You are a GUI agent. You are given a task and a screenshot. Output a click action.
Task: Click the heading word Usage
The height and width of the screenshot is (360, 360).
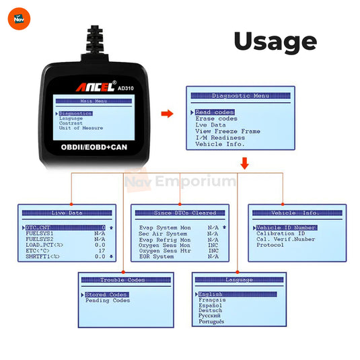click(x=275, y=41)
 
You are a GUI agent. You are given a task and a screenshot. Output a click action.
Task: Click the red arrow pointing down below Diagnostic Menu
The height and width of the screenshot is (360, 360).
click(x=244, y=162)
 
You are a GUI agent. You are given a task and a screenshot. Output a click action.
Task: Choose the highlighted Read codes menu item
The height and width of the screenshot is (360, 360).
click(x=215, y=112)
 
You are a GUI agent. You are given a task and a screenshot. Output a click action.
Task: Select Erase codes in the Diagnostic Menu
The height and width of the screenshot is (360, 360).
click(x=215, y=118)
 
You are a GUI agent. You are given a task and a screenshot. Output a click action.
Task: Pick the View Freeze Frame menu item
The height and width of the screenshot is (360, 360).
click(x=227, y=131)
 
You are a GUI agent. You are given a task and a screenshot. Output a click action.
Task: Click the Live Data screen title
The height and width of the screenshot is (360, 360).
click(x=67, y=213)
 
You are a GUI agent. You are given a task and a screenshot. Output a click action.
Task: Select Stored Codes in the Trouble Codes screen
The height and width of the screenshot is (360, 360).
click(x=106, y=295)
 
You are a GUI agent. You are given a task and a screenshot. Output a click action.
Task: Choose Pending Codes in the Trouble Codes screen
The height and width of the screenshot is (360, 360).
click(x=107, y=301)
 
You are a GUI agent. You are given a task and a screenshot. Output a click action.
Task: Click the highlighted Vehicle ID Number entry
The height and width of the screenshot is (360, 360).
click(x=286, y=227)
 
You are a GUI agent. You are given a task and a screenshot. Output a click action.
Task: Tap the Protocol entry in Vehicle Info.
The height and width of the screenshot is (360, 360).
click(x=271, y=245)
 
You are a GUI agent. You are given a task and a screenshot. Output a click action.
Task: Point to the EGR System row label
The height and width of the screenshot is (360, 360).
click(x=155, y=256)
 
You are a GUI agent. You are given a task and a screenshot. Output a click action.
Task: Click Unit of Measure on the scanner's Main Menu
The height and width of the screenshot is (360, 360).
click(x=81, y=128)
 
